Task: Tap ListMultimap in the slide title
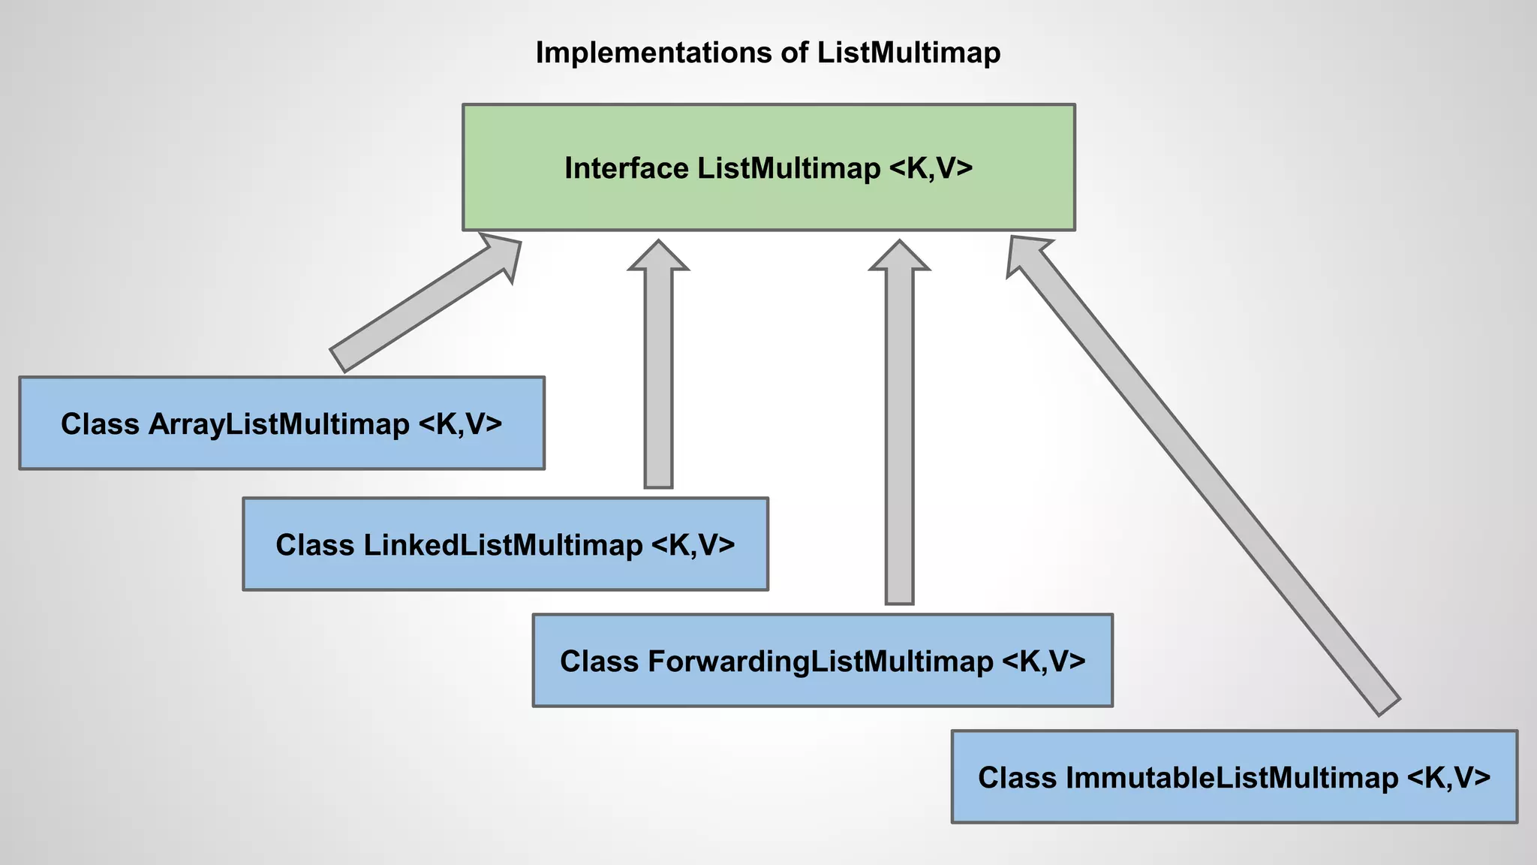coord(908,53)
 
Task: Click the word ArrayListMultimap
coord(278,424)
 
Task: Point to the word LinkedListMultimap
coord(503,545)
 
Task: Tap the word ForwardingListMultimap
coord(820,662)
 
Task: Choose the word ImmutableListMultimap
coord(1231,777)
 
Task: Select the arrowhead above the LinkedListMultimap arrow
coord(658,257)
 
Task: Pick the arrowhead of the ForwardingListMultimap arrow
coord(899,257)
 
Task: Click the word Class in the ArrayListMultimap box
coord(100,424)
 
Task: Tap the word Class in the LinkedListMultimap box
coord(314,545)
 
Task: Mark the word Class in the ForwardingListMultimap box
coord(599,662)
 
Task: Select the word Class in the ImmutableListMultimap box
coord(1017,777)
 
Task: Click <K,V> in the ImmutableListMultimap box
coord(1448,777)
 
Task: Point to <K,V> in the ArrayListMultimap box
coord(459,424)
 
